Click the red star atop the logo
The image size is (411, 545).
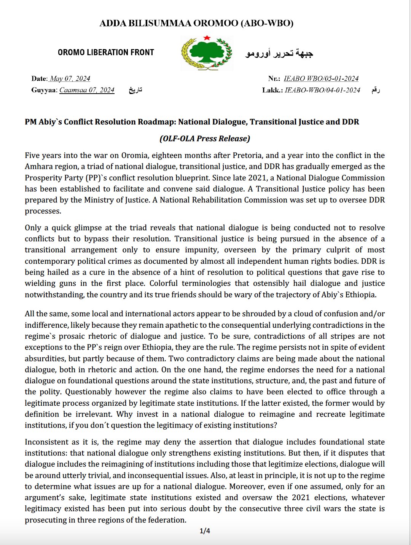click(207, 38)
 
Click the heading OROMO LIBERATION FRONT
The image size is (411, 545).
click(106, 53)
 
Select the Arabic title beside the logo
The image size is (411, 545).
click(279, 53)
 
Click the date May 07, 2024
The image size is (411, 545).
click(70, 79)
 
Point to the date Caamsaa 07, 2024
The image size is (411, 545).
click(87, 90)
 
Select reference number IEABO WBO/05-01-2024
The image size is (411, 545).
click(321, 79)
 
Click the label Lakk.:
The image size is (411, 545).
click(272, 90)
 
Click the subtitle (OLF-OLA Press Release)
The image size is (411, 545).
click(205, 139)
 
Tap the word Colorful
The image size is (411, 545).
click(164, 283)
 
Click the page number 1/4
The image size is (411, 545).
click(205, 531)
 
